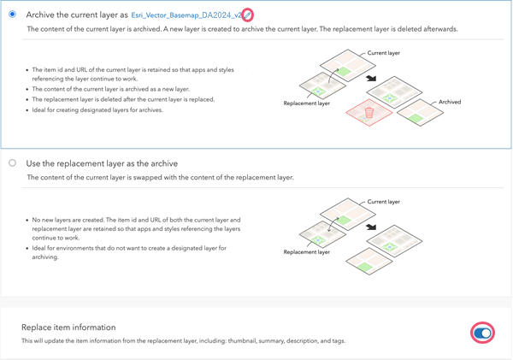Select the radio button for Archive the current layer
point(12,14)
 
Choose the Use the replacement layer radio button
point(12,162)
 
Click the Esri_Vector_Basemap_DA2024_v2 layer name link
point(186,15)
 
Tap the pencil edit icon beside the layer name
point(247,15)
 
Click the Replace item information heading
point(68,328)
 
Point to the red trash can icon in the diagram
point(369,112)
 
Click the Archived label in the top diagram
point(450,102)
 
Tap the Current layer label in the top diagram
point(384,53)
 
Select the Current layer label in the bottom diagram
point(384,202)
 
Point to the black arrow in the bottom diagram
point(371,227)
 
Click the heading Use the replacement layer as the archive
point(114,162)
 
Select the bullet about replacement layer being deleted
point(123,99)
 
